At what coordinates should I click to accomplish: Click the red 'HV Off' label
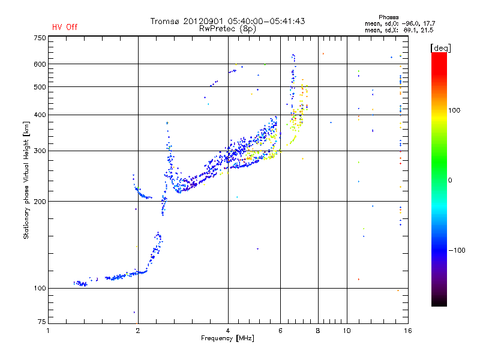pos(65,27)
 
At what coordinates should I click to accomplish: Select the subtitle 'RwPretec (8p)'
pos(227,29)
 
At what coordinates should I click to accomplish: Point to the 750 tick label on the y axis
pos(40,38)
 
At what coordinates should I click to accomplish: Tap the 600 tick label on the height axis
pos(40,64)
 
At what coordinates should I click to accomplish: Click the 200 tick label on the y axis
pos(40,202)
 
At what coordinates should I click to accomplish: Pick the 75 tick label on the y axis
pos(42,322)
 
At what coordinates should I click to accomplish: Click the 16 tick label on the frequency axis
pos(408,331)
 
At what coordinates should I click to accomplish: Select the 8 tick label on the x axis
pos(318,331)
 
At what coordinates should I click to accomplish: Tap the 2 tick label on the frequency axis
pos(138,331)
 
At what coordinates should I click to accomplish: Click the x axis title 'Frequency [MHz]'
pos(227,338)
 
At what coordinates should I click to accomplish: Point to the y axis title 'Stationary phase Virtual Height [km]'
pos(26,180)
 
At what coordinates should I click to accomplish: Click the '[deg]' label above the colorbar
pos(440,48)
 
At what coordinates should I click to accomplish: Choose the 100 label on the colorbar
pos(454,110)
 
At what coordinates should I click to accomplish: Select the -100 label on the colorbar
pos(457,250)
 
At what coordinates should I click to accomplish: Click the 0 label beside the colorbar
pos(450,181)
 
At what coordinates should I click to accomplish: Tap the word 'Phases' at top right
pos(388,17)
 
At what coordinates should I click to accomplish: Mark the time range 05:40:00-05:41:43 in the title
pos(266,21)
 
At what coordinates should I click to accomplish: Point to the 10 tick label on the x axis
pos(347,331)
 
